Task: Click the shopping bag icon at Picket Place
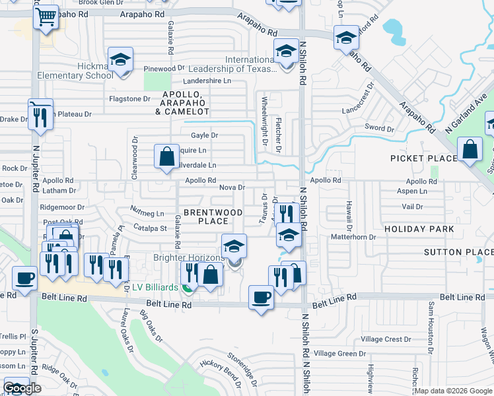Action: tap(470, 150)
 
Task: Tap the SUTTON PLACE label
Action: tap(458, 252)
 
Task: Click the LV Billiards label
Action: tap(155, 288)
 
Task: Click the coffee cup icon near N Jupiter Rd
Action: tap(25, 279)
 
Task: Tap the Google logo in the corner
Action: tap(22, 389)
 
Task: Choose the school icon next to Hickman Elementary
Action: tap(121, 60)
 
